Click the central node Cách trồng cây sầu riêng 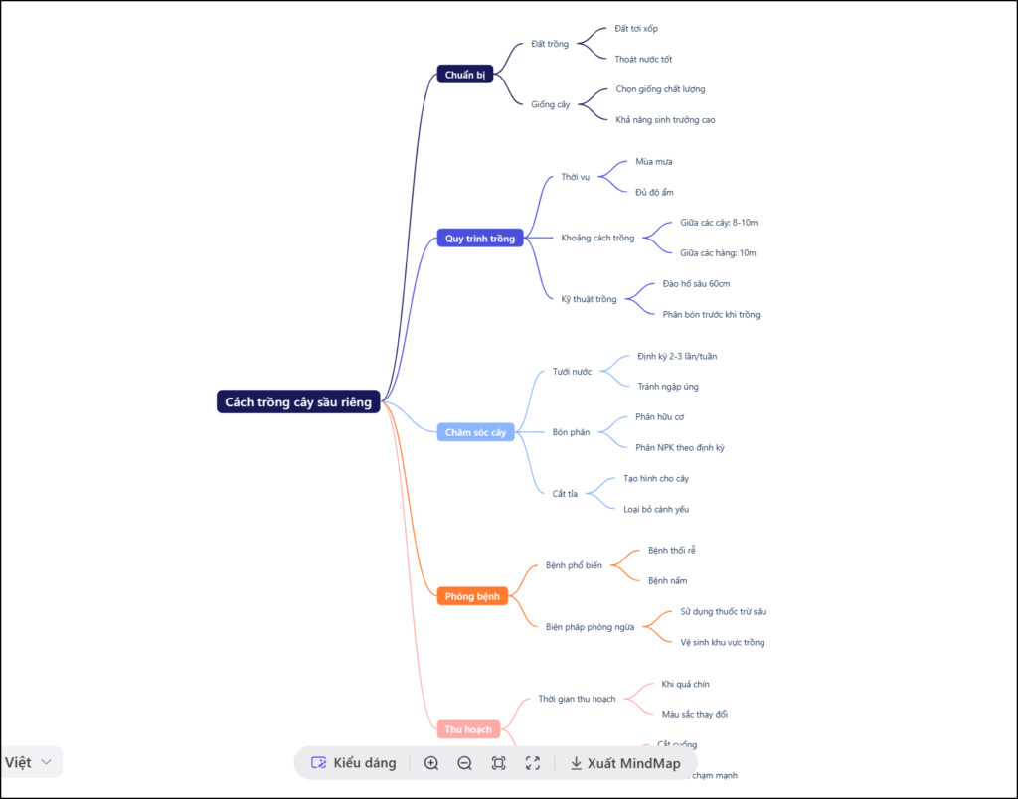pos(298,402)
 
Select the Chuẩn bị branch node pos(465,75)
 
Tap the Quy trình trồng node pos(479,239)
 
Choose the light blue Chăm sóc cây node pos(475,432)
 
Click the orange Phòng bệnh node pos(472,596)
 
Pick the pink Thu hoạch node pos(468,729)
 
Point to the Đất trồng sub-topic pos(550,44)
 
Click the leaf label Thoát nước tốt pos(642,59)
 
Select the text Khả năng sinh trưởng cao pos(665,120)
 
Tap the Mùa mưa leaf pos(654,161)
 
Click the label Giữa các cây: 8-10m pos(719,223)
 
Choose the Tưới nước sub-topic pos(572,372)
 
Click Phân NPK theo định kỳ pos(679,447)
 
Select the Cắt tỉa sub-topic pos(565,494)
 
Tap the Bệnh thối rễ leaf pos(671,550)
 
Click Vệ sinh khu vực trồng pos(722,642)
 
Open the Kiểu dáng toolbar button pos(354,763)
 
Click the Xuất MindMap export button pos(625,763)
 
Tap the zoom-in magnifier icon pos(431,763)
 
